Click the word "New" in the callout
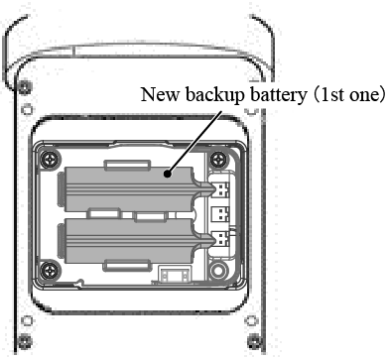click(x=160, y=95)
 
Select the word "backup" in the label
click(x=215, y=95)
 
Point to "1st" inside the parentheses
click(x=334, y=95)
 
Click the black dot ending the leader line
click(x=168, y=174)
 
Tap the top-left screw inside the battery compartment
click(x=51, y=160)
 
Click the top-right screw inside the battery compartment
click(x=218, y=160)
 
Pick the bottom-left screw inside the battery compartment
click(x=50, y=270)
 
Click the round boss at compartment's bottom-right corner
click(x=217, y=270)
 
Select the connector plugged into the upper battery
click(x=221, y=189)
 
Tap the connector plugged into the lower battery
click(x=221, y=239)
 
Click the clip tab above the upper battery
click(x=127, y=165)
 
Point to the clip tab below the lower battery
click(x=127, y=266)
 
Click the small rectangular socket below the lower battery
click(x=175, y=275)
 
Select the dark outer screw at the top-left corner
click(x=25, y=87)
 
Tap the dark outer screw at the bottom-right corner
click(x=255, y=340)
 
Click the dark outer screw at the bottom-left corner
click(x=25, y=340)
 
